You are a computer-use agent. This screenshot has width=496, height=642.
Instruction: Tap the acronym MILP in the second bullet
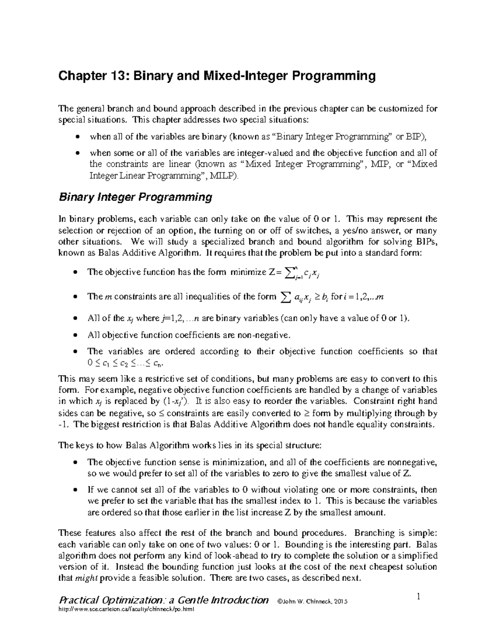tap(223, 176)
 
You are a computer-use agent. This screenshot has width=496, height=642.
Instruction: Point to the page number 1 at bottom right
tap(419, 596)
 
